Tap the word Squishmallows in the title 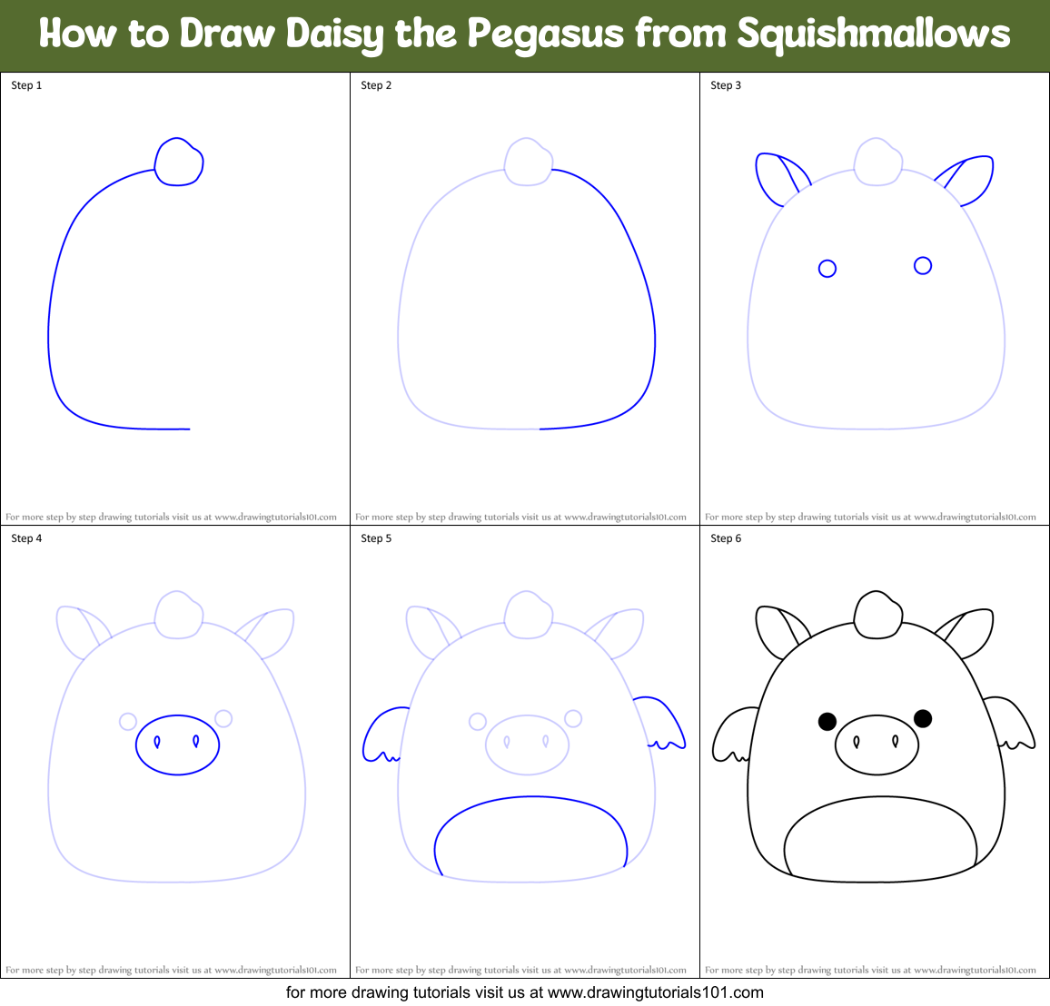(x=873, y=35)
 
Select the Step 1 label (x=26, y=85)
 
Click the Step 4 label (x=26, y=538)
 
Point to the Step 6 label (x=726, y=538)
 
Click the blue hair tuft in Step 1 (x=179, y=163)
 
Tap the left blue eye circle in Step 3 (x=827, y=269)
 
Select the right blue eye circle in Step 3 (x=923, y=265)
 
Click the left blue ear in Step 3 (x=775, y=178)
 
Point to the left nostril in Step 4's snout (x=157, y=742)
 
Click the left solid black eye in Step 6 (x=827, y=721)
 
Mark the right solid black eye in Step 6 (x=923, y=718)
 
